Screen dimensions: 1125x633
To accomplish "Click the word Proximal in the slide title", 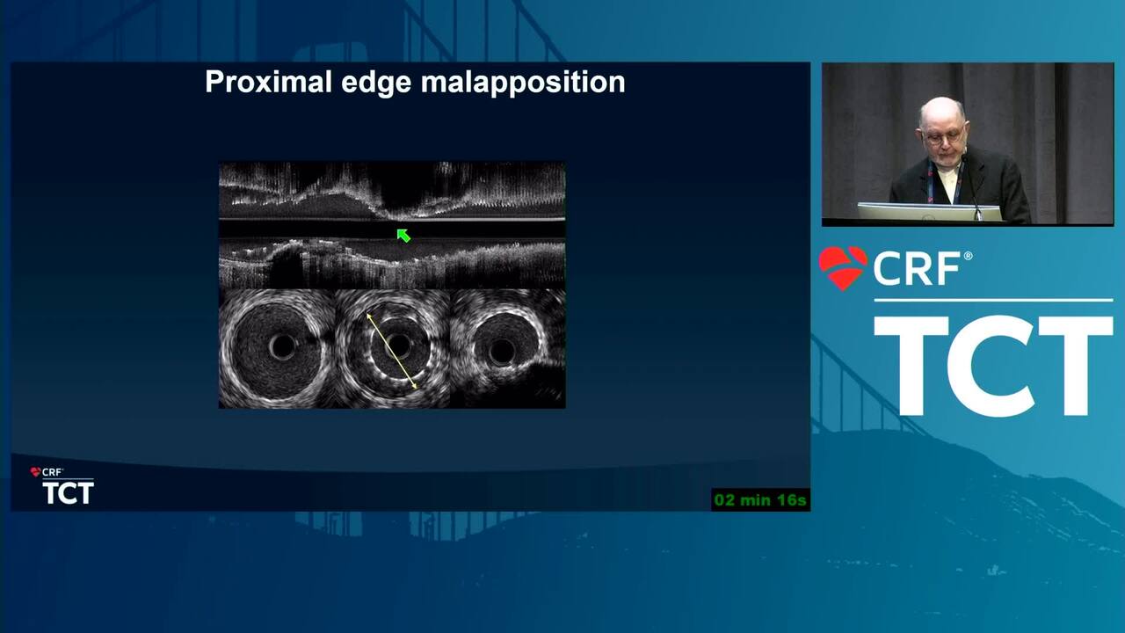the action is coord(269,82).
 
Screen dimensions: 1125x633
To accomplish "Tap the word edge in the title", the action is coord(376,83).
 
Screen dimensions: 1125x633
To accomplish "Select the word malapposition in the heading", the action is coord(523,83).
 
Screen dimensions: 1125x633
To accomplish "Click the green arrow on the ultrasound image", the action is coord(403,236).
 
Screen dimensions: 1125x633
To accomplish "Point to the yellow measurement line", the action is coord(392,351).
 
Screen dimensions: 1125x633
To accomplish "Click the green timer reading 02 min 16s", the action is coord(760,500).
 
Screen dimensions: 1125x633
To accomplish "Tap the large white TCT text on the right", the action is coord(993,365).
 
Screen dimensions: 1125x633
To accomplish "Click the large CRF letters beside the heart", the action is coord(917,269).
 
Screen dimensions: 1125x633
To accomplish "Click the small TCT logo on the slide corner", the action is coord(69,493).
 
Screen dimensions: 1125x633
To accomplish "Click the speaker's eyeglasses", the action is coord(943,136).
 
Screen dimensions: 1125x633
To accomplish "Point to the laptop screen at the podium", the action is coord(929,212).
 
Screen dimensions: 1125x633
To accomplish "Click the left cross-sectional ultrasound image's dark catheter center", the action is coord(282,346).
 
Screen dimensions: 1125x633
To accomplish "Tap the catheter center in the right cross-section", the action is coord(501,351).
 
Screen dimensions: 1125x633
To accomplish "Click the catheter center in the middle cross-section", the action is coord(398,346).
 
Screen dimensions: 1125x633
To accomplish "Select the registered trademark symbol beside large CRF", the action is coord(968,256).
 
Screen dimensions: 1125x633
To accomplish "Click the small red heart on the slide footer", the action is coord(35,472).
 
